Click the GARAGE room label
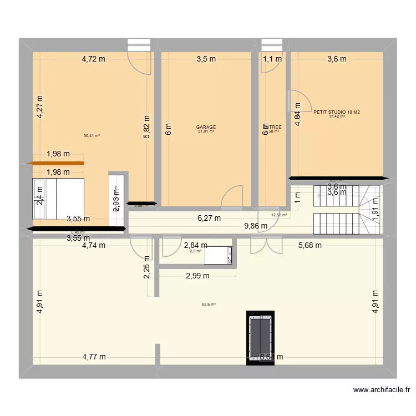pyautogui.click(x=206, y=127)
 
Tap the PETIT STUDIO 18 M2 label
pyautogui.click(x=337, y=112)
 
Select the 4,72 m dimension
pyautogui.click(x=94, y=59)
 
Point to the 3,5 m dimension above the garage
pyautogui.click(x=205, y=59)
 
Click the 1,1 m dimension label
pyautogui.click(x=272, y=59)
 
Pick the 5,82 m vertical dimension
pyautogui.click(x=147, y=126)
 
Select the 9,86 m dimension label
pyautogui.click(x=256, y=226)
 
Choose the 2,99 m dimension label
pyautogui.click(x=197, y=276)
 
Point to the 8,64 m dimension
pyautogui.click(x=271, y=357)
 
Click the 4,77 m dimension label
pyautogui.click(x=94, y=357)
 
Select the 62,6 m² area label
pyautogui.click(x=209, y=304)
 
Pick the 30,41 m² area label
pyautogui.click(x=92, y=135)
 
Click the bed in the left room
pyautogui.click(x=58, y=199)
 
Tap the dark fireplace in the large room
pyautogui.click(x=260, y=337)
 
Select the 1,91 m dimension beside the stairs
pyautogui.click(x=376, y=210)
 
